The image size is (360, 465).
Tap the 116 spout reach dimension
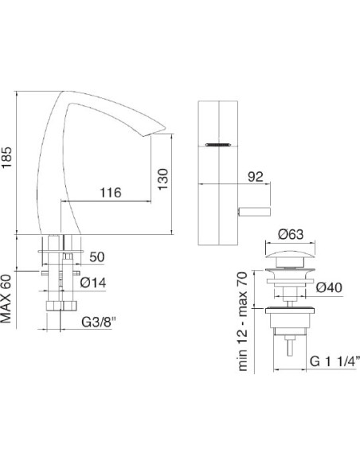(x=112, y=193)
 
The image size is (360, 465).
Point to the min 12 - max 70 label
(x=244, y=319)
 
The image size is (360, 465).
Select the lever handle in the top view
(x=255, y=209)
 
